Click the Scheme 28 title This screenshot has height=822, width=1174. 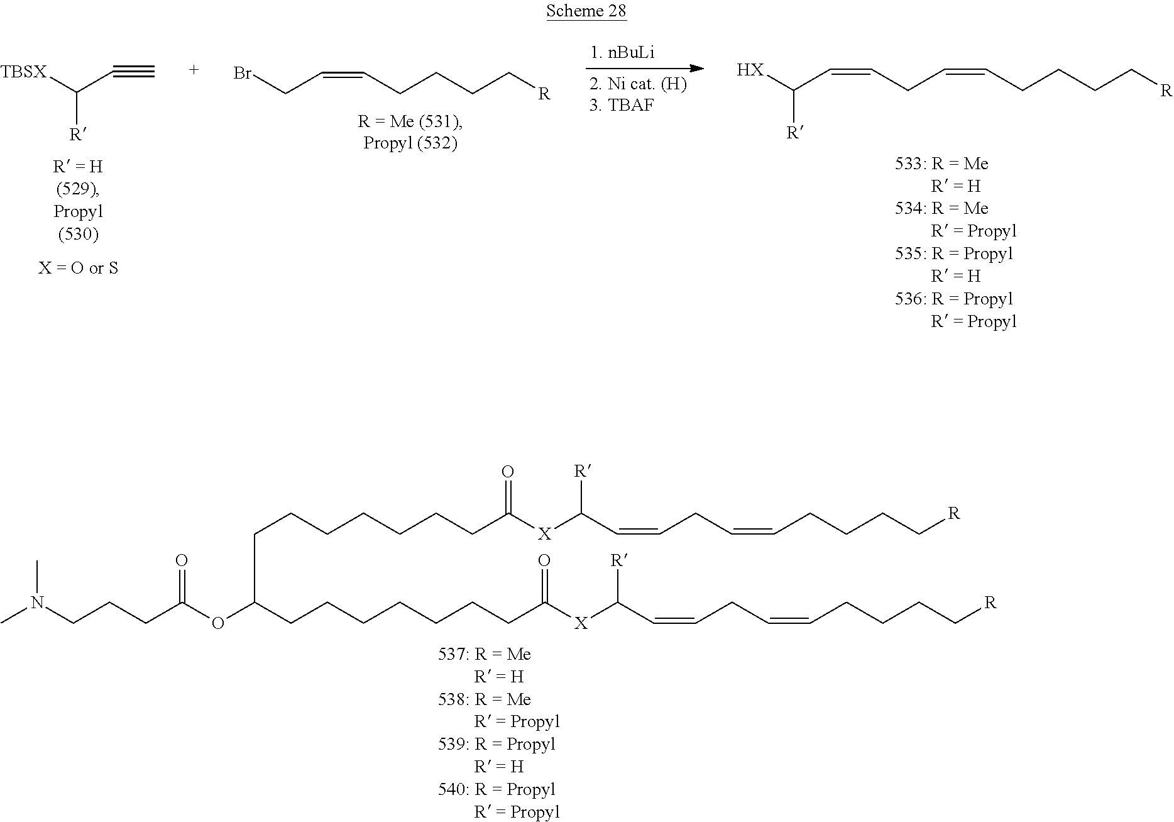click(x=586, y=11)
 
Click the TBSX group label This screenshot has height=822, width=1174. click(x=23, y=72)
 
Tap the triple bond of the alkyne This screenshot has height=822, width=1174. click(x=134, y=72)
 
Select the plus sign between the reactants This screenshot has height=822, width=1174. click(x=194, y=70)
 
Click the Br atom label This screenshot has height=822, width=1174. click(x=243, y=74)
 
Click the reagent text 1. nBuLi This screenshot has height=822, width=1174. click(x=622, y=53)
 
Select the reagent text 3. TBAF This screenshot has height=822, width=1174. click(x=622, y=105)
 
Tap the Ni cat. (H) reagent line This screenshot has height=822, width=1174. click(x=637, y=84)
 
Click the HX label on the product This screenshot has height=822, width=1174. click(x=750, y=70)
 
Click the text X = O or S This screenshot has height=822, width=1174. click(x=78, y=269)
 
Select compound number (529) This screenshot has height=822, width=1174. click(x=78, y=189)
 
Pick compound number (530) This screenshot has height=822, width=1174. click(x=78, y=234)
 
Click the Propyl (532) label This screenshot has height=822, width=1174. click(x=410, y=143)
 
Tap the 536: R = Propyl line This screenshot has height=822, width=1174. click(x=954, y=299)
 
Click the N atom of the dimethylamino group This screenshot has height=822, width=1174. click(x=38, y=603)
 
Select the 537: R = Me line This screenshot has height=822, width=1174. click(x=484, y=655)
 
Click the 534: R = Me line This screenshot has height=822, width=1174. click(x=941, y=208)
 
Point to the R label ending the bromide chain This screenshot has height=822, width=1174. click(x=544, y=94)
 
